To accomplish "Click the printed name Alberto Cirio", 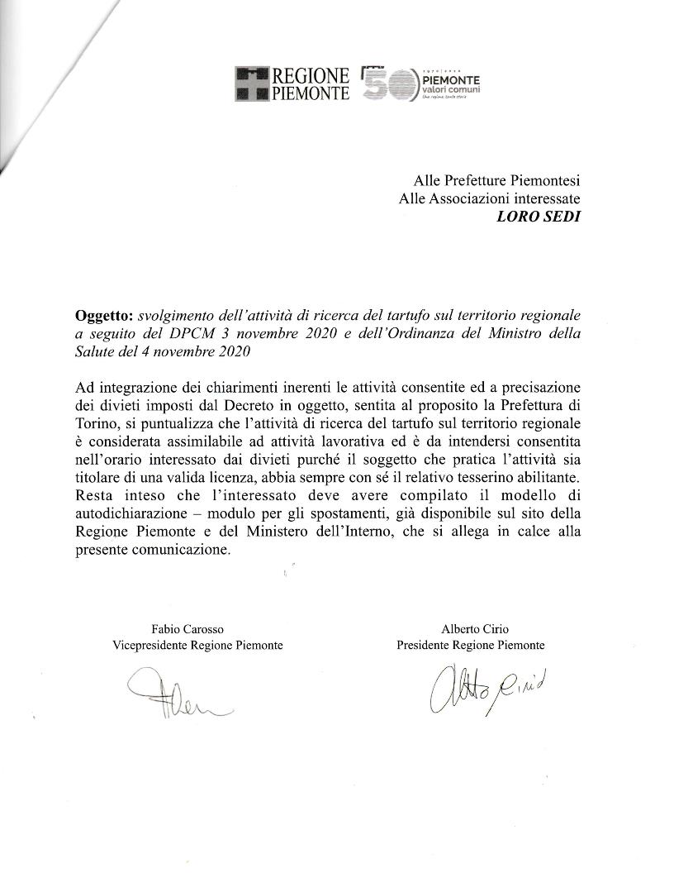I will click(x=470, y=629).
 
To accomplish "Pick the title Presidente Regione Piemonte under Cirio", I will click(x=470, y=646).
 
